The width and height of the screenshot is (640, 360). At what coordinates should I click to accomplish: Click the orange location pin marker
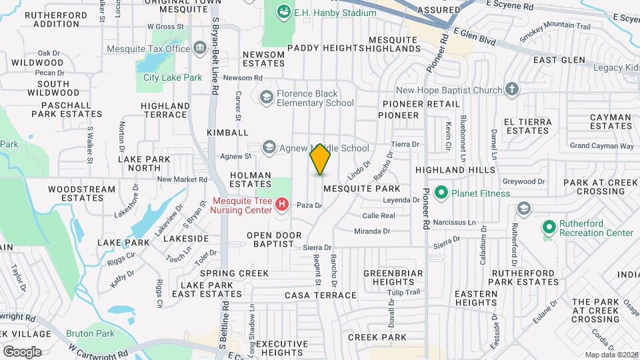321,160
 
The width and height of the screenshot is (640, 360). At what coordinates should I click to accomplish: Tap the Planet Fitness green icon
441,193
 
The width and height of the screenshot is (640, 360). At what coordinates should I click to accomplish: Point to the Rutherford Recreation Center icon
549,227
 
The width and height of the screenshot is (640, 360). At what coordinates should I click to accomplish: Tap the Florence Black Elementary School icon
267,98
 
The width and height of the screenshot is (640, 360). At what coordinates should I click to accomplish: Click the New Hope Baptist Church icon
512,90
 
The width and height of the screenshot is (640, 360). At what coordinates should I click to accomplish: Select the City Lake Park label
173,77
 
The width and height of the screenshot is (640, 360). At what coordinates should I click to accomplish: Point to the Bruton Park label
91,333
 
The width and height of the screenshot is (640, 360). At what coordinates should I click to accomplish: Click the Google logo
22,351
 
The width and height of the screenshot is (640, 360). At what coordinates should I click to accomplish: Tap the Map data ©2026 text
611,355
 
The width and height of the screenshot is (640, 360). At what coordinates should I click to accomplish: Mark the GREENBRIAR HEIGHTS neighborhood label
393,278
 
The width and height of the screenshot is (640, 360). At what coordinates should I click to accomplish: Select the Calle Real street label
379,215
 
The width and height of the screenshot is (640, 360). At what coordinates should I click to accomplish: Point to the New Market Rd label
182,179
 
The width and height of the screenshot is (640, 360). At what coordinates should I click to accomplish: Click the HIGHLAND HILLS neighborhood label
456,171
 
